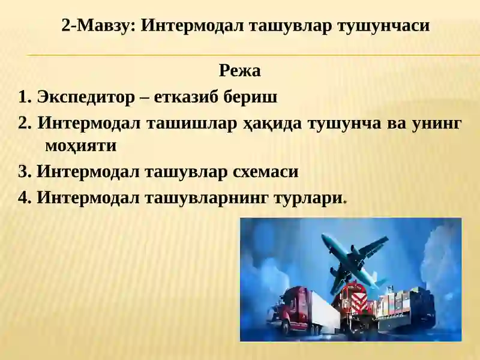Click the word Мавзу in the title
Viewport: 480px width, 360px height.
click(x=109, y=26)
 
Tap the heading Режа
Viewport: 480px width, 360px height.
click(x=239, y=71)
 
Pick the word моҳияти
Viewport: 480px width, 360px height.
click(x=80, y=146)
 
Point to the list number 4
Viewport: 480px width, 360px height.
click(x=25, y=197)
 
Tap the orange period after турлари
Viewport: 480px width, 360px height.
click(x=344, y=200)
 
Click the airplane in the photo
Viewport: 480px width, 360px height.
click(x=354, y=258)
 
